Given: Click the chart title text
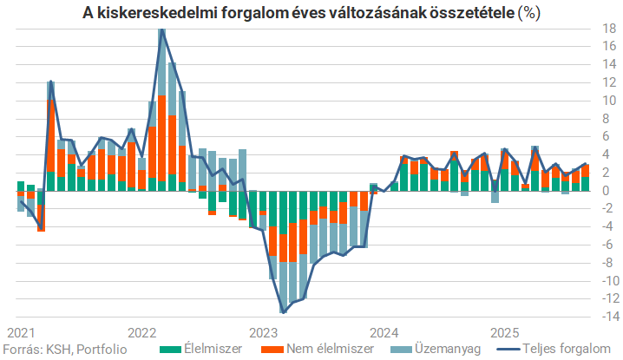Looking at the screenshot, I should (x=311, y=13).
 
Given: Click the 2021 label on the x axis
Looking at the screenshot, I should (x=20, y=332).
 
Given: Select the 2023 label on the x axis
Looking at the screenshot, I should (x=262, y=332).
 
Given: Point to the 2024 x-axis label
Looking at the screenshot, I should (x=384, y=332).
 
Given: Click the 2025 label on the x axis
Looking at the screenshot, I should (x=504, y=332).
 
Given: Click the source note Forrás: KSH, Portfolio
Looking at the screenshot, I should (x=65, y=349).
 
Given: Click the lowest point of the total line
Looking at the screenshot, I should (x=283, y=311).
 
